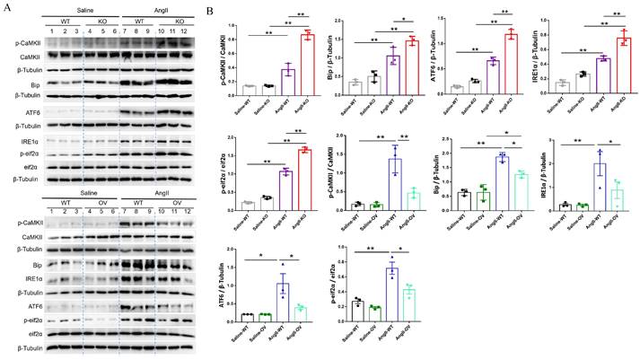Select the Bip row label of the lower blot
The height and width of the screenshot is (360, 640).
point(38,266)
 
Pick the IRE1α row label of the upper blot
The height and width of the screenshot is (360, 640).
point(35,142)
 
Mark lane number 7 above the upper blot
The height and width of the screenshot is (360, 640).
point(127,31)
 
